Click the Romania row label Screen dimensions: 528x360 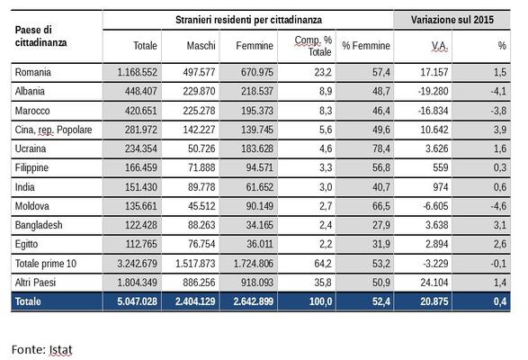click(33, 72)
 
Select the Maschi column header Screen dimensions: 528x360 click(201, 46)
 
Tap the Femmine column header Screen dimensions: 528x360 click(255, 46)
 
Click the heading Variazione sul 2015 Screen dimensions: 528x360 click(452, 20)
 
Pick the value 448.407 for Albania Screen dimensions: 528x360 click(140, 91)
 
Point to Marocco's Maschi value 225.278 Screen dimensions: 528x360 click(199, 111)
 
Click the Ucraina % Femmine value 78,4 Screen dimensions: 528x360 click(381, 148)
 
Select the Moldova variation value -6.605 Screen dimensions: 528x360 click(435, 206)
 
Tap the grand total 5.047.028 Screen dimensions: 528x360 click(137, 301)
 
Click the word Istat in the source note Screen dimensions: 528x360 click(60, 349)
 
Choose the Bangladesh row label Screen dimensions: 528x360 click(39, 225)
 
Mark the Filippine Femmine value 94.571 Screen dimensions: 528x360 click(259, 167)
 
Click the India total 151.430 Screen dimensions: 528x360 click(140, 187)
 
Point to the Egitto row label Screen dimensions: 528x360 click(26, 245)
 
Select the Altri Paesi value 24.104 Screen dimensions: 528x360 click(434, 283)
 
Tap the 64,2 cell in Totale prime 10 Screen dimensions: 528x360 click(323, 264)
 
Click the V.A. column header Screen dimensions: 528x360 click(440, 46)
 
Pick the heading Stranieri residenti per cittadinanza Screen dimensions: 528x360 click(248, 20)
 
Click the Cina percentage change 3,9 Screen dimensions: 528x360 click(500, 130)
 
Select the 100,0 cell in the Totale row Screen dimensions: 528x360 click(320, 301)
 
